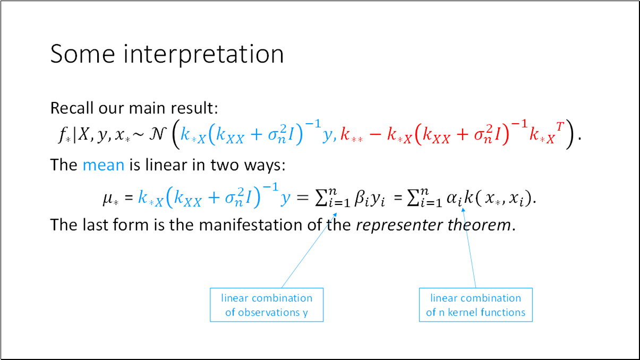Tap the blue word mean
point(103,165)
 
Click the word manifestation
point(251,225)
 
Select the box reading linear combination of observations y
point(267,305)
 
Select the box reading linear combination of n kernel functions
point(475,305)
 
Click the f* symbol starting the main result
point(64,136)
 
